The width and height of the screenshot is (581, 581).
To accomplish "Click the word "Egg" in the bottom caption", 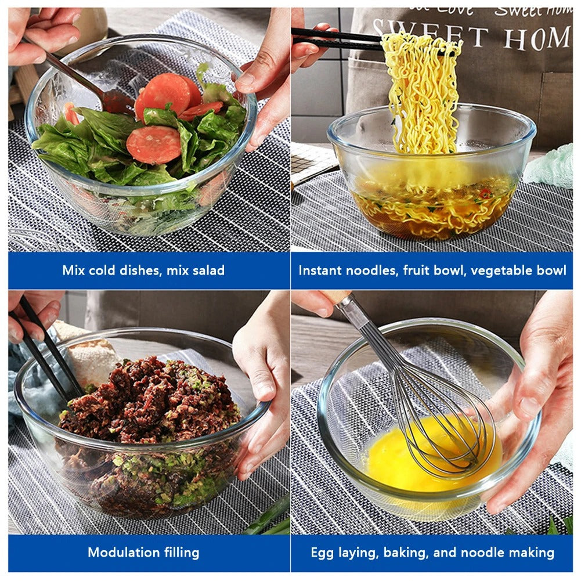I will pos(322,552).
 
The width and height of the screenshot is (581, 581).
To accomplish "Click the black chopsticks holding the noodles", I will pos(337,38).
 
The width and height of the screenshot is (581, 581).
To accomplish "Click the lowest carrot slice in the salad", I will pos(154,145).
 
